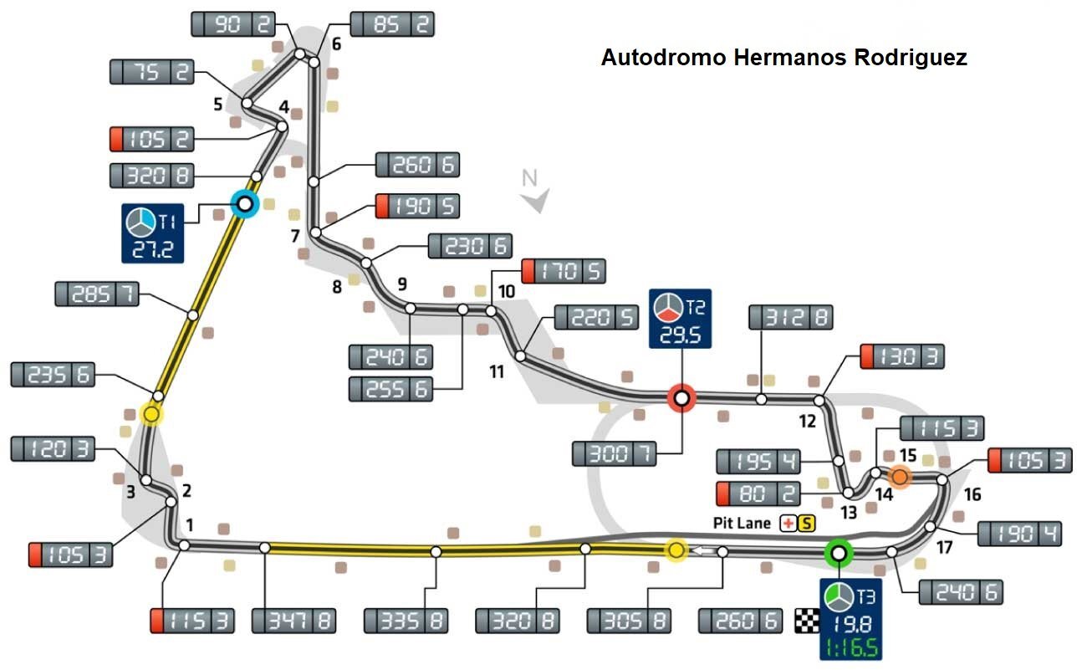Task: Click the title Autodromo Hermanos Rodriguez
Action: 783,58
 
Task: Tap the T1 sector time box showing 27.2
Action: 152,233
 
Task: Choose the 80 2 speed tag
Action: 758,494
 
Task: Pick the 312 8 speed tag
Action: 790,317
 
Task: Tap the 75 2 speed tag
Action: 152,72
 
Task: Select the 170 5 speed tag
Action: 563,271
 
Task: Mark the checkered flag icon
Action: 805,621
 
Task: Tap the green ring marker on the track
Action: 838,552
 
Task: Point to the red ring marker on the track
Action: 681,398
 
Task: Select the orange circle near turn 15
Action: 900,477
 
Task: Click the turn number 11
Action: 497,371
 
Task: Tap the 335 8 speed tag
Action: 406,621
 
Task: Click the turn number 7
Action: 295,236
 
